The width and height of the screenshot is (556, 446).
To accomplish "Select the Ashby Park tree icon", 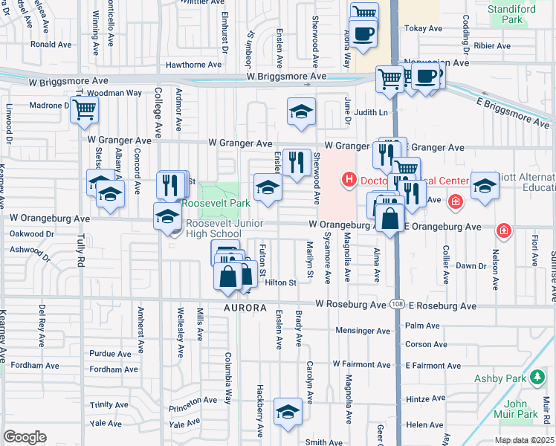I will [x=537, y=378].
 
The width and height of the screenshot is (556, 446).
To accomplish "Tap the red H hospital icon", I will [x=348, y=179].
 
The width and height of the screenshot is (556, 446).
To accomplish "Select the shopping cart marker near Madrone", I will [x=84, y=109].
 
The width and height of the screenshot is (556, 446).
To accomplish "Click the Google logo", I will [x=25, y=437].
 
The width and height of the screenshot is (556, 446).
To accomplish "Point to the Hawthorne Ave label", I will [x=194, y=65].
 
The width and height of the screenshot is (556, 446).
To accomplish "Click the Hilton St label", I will [x=281, y=282].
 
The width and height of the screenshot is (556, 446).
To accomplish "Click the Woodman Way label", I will [x=114, y=93].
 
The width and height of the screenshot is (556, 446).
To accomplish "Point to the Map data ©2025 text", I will [x=525, y=440].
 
